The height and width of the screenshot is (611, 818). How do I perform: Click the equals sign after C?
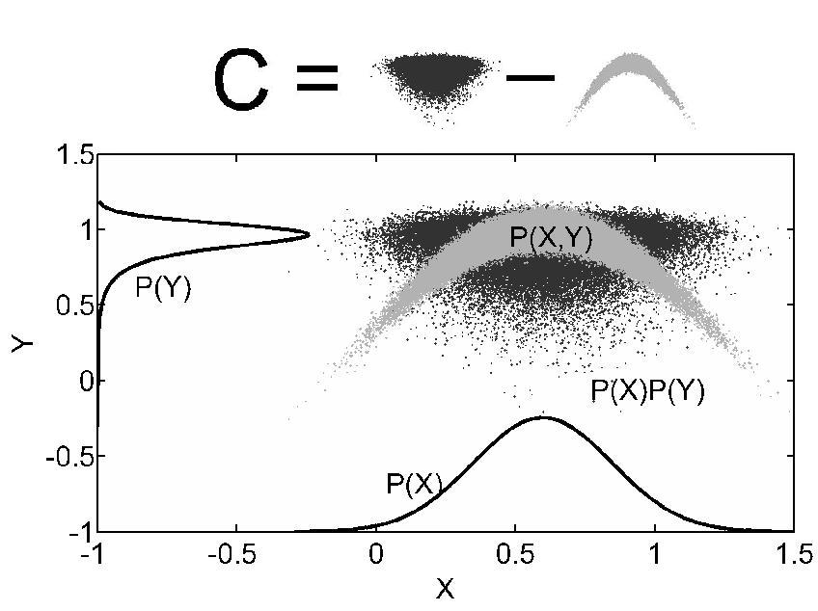coord(317,78)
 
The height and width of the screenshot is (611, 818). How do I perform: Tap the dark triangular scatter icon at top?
coord(433,81)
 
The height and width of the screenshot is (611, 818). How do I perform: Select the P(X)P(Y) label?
coord(647,390)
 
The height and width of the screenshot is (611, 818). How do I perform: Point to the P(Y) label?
coord(162,287)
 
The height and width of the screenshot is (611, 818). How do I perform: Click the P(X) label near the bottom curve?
coord(414,484)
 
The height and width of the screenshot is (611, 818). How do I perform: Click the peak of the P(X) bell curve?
coord(543,417)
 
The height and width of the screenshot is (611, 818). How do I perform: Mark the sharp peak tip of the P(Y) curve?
coord(309,233)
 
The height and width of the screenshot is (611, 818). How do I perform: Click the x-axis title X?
coord(445,588)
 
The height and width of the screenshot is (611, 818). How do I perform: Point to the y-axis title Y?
coord(21,342)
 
